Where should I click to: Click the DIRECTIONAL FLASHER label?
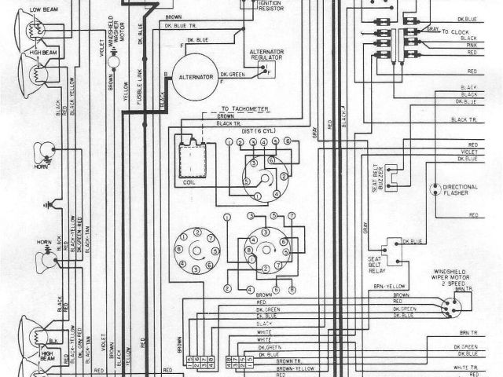coord(460,189)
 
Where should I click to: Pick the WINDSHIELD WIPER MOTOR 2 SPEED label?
coord(453,278)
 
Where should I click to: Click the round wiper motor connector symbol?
coord(450,309)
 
